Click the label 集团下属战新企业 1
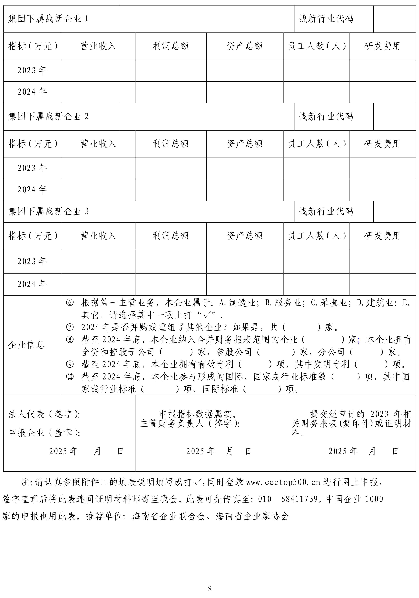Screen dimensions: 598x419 [48, 19]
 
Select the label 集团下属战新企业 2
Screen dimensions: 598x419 [48, 116]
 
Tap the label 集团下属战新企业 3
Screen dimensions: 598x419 [48, 211]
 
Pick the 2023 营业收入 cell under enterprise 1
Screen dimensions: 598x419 [98, 71]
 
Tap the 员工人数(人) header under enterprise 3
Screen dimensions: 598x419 [316, 236]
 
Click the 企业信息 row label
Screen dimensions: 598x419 [26, 345]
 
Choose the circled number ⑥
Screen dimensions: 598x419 [70, 303]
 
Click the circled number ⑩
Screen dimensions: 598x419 [70, 377]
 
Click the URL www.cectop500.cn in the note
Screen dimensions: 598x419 [283, 482]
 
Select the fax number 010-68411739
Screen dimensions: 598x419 [288, 499]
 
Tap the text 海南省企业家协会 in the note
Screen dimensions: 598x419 [252, 515]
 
